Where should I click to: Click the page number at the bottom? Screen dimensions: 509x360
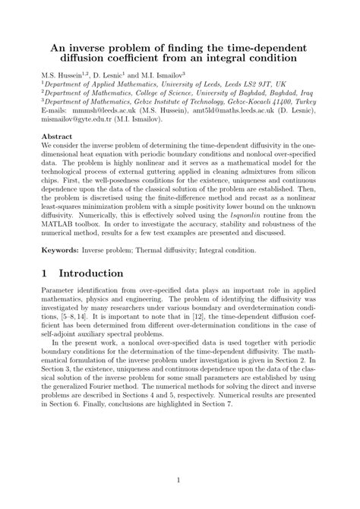point(179,479)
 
